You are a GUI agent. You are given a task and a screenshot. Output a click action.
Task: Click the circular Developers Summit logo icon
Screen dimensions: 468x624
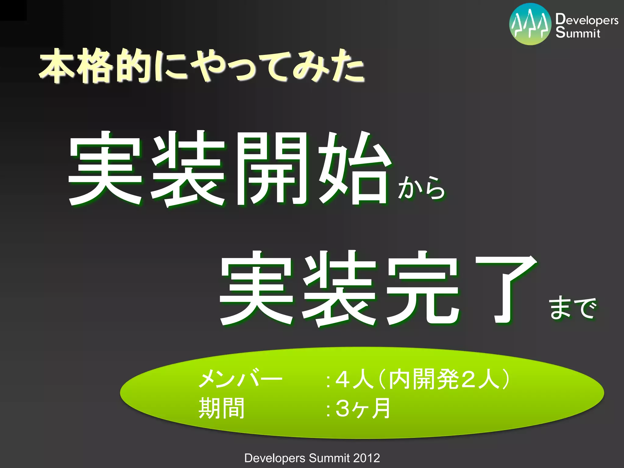(530, 24)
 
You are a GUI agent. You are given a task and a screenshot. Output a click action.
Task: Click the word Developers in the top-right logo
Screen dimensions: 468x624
(587, 19)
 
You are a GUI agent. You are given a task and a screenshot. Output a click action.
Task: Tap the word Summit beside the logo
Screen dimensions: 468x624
(578, 33)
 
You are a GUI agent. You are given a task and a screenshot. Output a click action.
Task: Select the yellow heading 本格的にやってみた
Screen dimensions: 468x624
(202, 66)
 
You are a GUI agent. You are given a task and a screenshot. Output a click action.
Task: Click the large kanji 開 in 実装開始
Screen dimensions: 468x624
(272, 168)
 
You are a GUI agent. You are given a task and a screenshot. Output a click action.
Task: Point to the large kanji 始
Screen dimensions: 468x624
(354, 168)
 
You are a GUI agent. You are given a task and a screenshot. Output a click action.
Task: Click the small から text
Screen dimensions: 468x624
(422, 188)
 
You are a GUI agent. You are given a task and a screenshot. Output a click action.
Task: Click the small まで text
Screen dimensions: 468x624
(573, 308)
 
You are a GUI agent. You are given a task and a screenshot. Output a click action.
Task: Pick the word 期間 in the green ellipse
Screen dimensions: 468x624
(221, 408)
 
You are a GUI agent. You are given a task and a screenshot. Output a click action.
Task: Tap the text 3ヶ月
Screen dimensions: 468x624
(363, 408)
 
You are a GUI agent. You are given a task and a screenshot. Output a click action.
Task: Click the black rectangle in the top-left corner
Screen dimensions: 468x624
(13, 10)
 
